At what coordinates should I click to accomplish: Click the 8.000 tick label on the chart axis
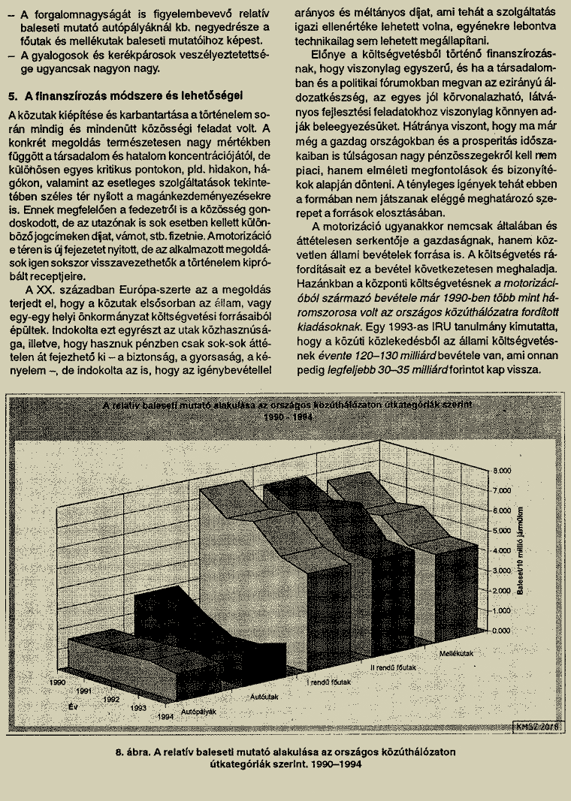point(501,470)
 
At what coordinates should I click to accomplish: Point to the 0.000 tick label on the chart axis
point(501,631)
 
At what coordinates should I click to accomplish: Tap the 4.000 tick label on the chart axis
point(501,550)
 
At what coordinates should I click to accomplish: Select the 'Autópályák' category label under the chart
point(200,709)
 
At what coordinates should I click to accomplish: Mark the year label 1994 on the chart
point(166,717)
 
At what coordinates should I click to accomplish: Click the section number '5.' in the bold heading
point(13,96)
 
